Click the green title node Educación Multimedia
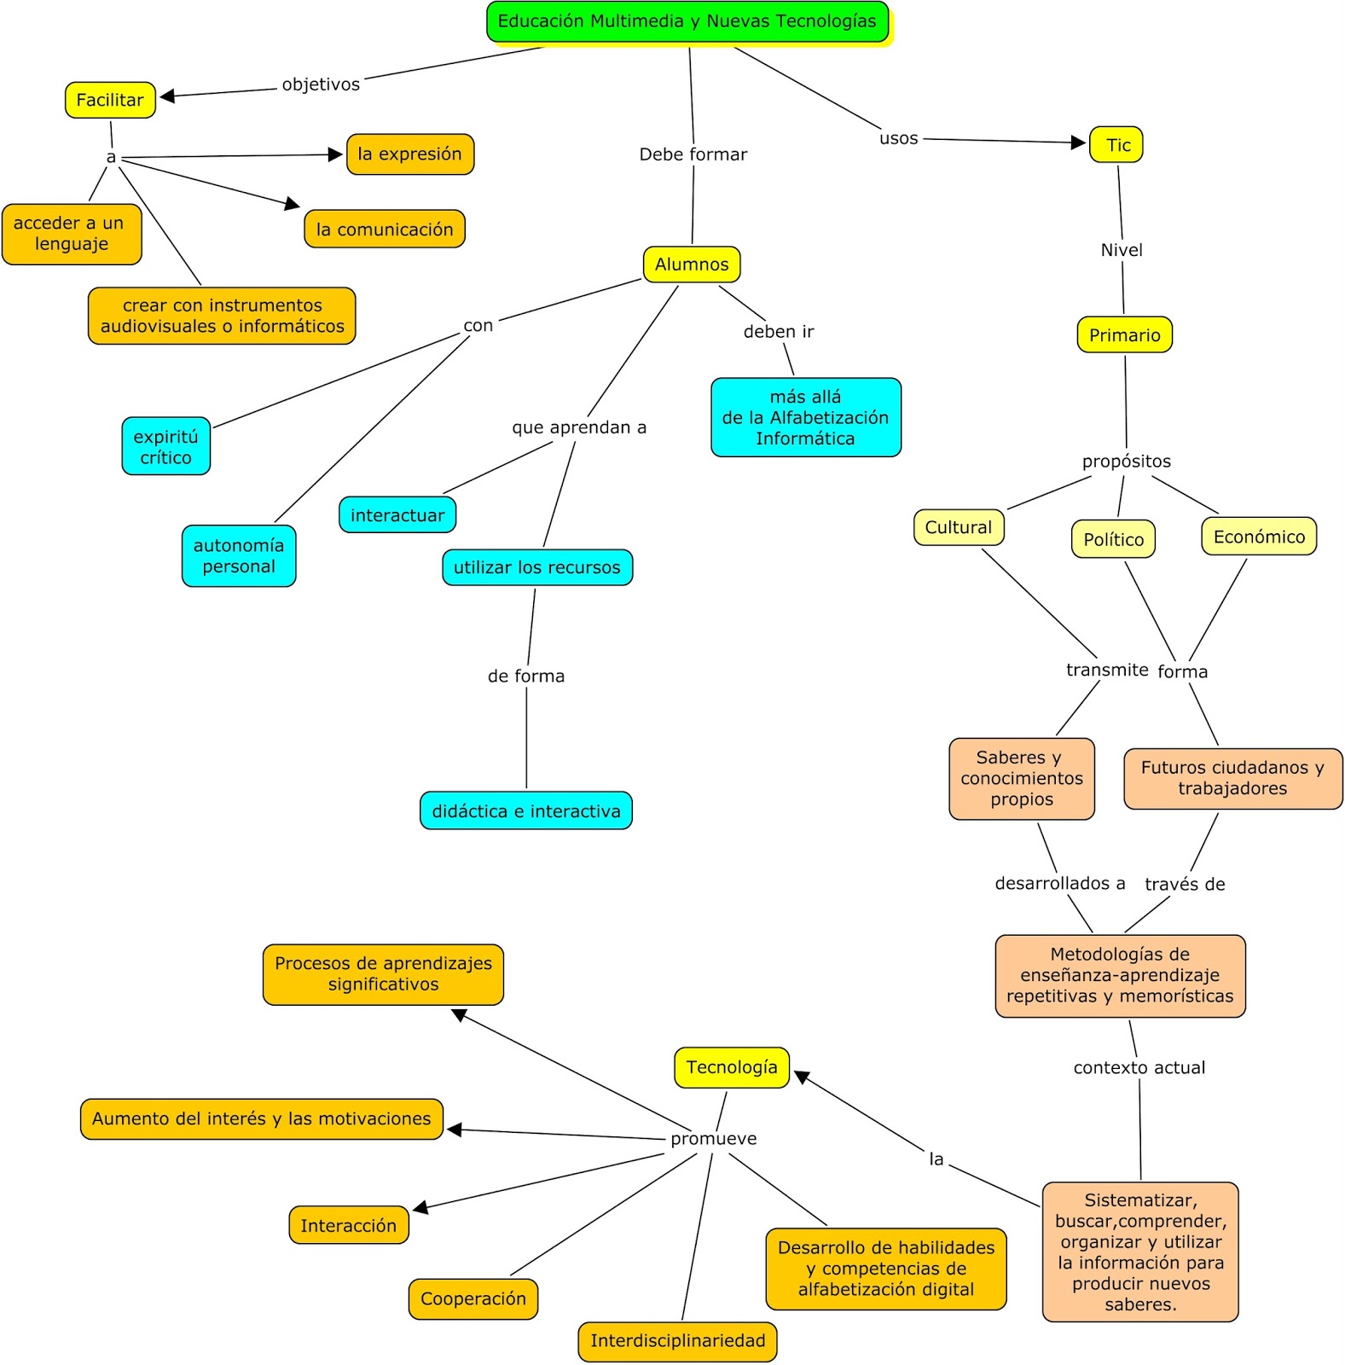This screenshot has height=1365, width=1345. pos(687,22)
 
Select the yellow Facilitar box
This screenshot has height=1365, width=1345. pos(110,100)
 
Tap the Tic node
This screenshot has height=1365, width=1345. pos(1116,145)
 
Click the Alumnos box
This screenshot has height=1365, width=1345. pos(692,264)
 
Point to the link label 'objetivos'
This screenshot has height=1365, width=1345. pos(321,84)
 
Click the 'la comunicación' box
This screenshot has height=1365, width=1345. pos(385,229)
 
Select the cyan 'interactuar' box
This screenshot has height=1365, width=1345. pos(397,515)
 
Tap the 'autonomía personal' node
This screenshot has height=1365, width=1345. pos(239,556)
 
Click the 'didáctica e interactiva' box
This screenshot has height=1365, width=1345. pos(526,811)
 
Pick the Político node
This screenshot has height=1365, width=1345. pos(1113,539)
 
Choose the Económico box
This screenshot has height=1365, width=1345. pos(1259,537)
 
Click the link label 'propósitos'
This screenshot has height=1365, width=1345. pos(1127,462)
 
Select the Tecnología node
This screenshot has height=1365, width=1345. pos(732,1068)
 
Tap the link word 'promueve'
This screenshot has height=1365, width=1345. pos(713,1139)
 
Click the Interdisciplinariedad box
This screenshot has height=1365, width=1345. pos(678,1341)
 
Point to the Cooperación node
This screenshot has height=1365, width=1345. pos(473,1299)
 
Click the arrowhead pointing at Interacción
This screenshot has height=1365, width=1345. pos(420,1207)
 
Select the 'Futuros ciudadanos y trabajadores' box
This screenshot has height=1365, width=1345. pos(1232,778)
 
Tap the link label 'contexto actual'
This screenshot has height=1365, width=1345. pos(1139,1068)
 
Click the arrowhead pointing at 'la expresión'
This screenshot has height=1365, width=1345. pos(335,154)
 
